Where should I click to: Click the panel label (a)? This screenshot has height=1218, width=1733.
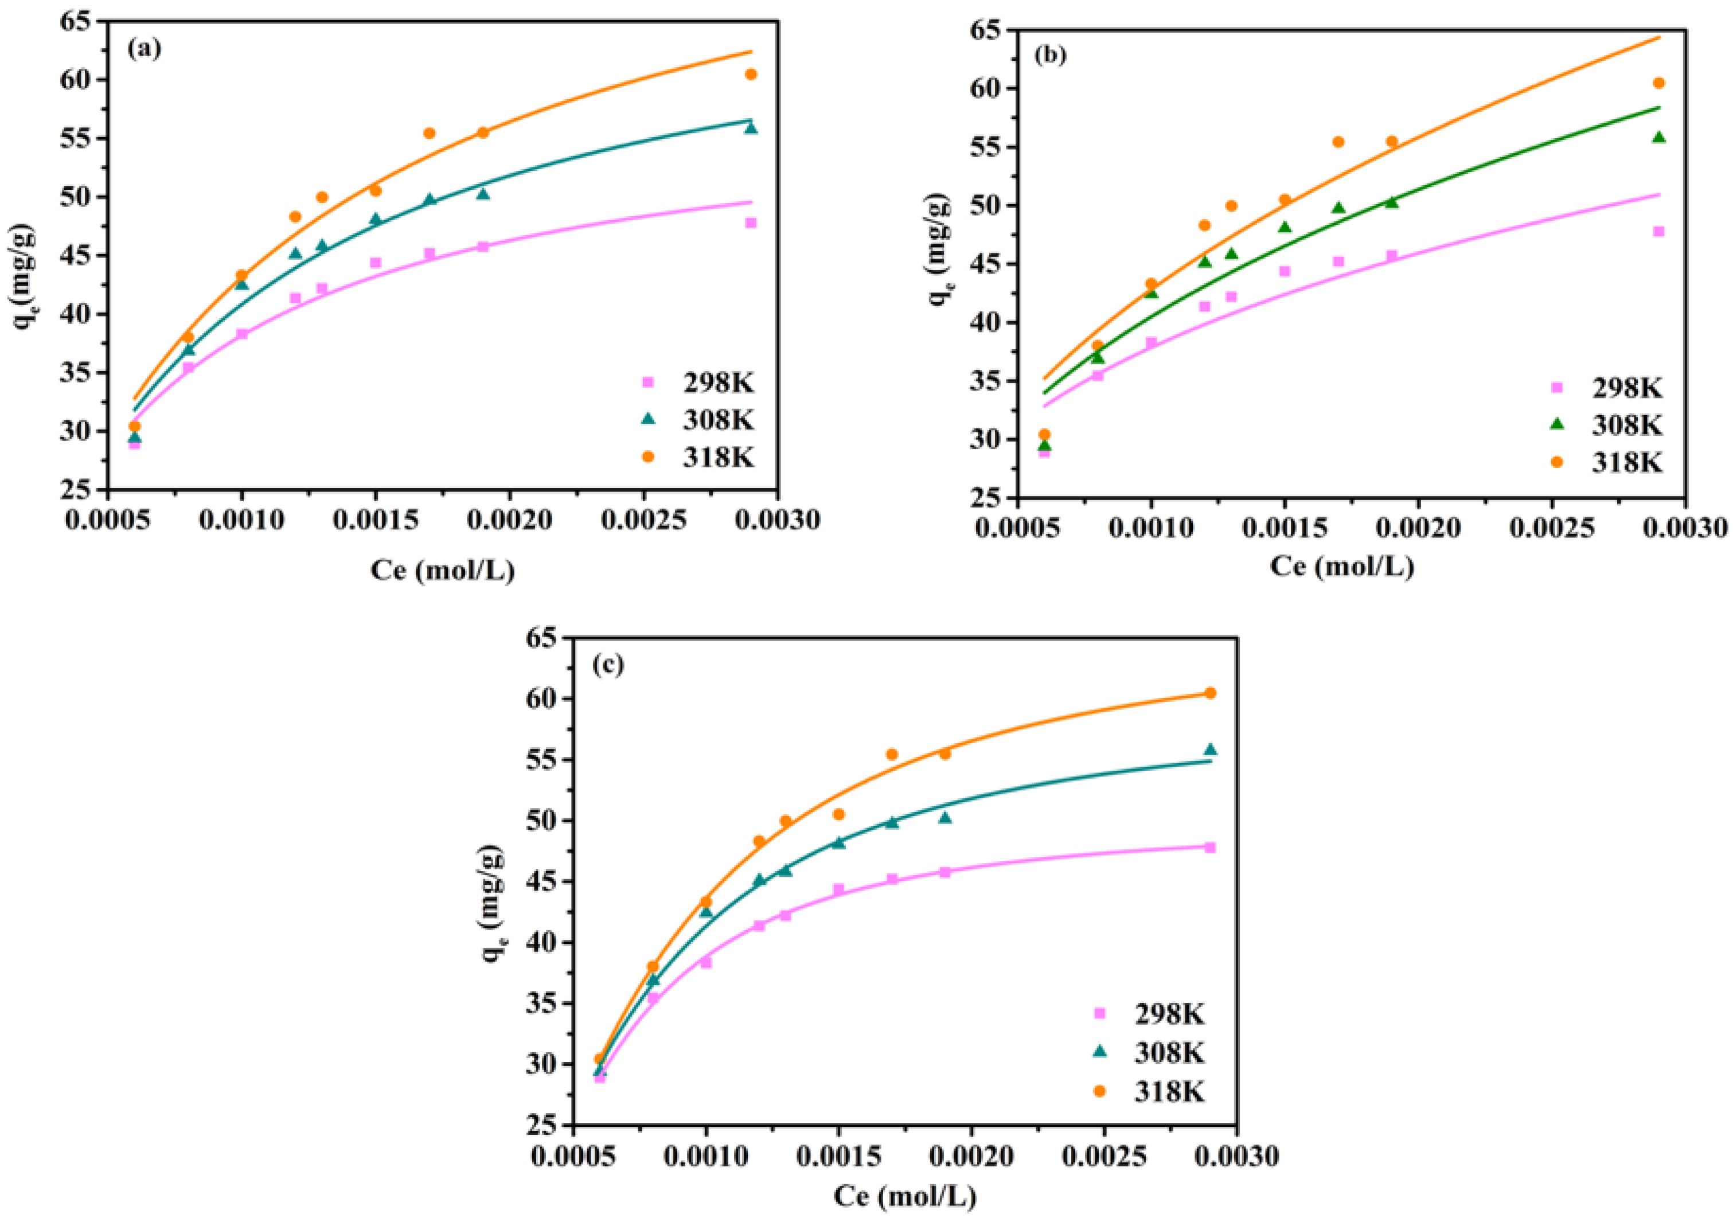coord(144,49)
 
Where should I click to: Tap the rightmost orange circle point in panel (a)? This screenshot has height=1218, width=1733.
coord(750,74)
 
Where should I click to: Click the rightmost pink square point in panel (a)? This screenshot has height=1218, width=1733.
coord(750,222)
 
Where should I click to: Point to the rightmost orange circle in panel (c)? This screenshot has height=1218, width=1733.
coord(1210,693)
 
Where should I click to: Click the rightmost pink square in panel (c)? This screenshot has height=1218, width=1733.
coord(1210,848)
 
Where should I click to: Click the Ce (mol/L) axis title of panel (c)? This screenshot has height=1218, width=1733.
coord(904,1196)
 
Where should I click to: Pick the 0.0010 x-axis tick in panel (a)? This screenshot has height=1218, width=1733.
coord(241,521)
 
